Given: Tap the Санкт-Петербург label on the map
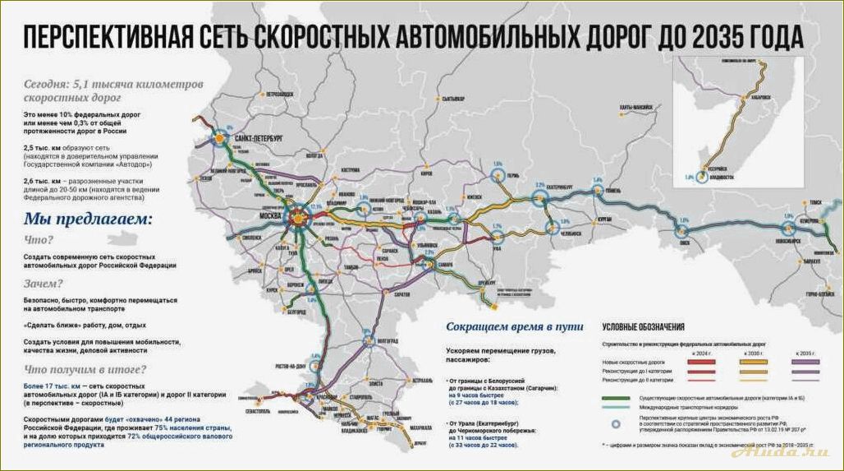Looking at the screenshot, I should (x=258, y=139).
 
